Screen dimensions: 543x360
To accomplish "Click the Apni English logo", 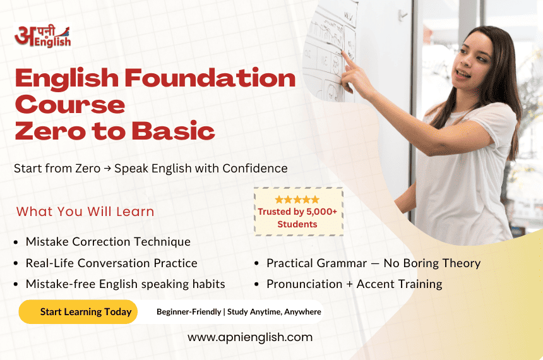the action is pyautogui.click(x=43, y=36).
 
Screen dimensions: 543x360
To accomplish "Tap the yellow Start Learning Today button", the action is pyautogui.click(x=78, y=312).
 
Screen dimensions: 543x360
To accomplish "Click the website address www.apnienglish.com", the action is pyautogui.click(x=250, y=337).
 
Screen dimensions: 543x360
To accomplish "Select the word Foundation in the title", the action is pyautogui.click(x=210, y=78).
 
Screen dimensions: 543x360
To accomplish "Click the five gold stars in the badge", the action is pyautogui.click(x=297, y=200).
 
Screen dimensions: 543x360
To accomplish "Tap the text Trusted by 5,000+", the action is pyautogui.click(x=297, y=212).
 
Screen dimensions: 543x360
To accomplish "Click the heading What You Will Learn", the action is pyautogui.click(x=85, y=212).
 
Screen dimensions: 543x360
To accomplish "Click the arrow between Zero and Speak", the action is pyautogui.click(x=107, y=169).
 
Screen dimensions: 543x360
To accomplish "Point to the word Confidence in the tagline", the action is pyautogui.click(x=255, y=169).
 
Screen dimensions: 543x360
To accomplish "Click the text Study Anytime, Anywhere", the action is pyautogui.click(x=274, y=312).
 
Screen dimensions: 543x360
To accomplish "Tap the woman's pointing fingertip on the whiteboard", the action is pyautogui.click(x=343, y=52).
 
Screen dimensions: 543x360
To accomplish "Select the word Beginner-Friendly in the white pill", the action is pyautogui.click(x=189, y=312).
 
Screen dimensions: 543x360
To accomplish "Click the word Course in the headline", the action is pyautogui.click(x=70, y=105).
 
